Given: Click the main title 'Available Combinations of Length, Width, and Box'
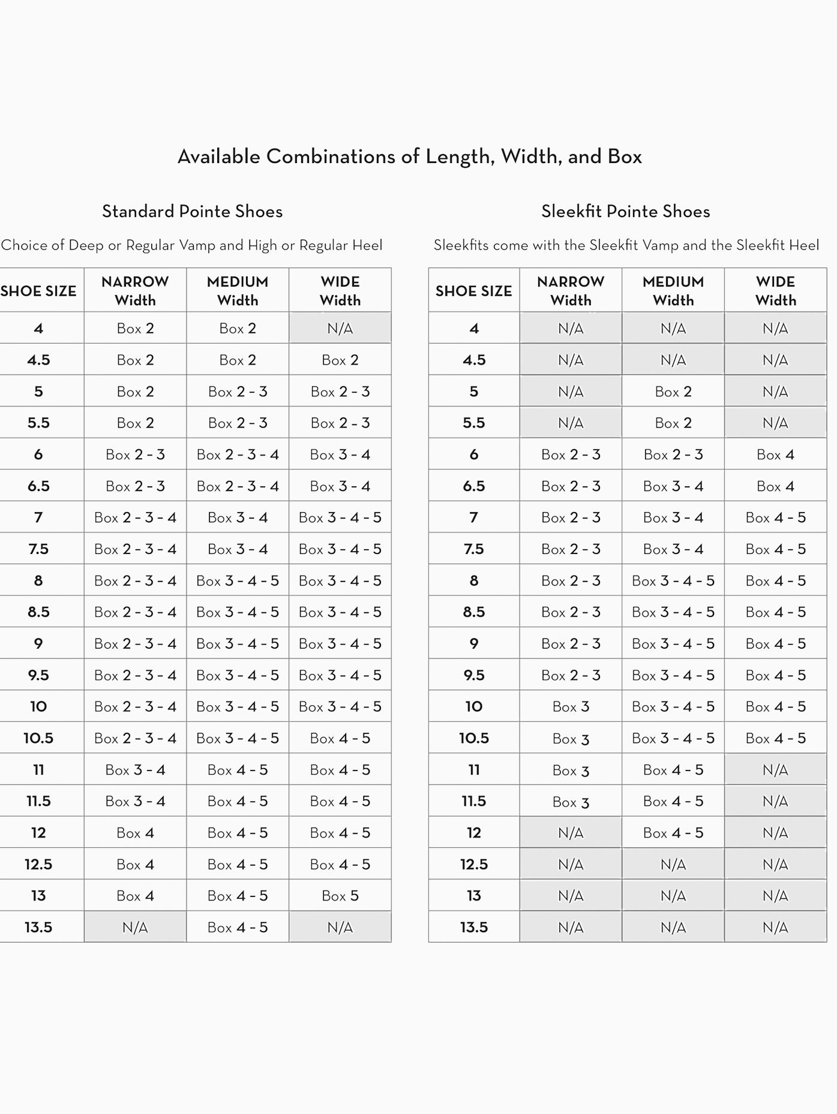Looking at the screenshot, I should tap(410, 156).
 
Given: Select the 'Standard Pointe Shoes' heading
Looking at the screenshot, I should tap(192, 211).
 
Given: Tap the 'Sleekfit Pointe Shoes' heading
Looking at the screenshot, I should tap(625, 211).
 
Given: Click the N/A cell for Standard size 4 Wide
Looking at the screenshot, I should tap(340, 328).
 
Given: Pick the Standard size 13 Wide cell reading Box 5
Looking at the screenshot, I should tap(340, 896).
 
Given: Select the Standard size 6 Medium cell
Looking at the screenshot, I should tap(238, 454).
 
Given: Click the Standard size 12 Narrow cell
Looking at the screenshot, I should tap(135, 833).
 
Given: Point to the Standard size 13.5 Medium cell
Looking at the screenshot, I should tap(238, 928).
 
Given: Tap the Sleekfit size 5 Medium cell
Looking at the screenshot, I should tap(673, 392).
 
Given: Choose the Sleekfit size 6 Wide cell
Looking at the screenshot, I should tap(775, 454).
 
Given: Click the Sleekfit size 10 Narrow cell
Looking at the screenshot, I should tap(571, 707).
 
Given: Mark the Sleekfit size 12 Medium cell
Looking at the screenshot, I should tap(673, 833).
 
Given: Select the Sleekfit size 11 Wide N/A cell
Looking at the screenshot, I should tap(775, 770).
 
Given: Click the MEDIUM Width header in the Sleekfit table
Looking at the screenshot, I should tap(673, 290).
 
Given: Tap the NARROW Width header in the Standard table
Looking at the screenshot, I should tap(135, 290).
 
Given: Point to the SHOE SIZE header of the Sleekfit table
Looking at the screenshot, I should tap(473, 291).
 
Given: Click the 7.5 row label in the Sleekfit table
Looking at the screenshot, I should tap(473, 549).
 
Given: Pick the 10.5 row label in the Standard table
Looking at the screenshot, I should tap(38, 738).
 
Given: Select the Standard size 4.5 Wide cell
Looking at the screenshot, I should tap(340, 360).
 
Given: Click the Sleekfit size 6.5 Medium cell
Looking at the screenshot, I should tap(673, 486).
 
